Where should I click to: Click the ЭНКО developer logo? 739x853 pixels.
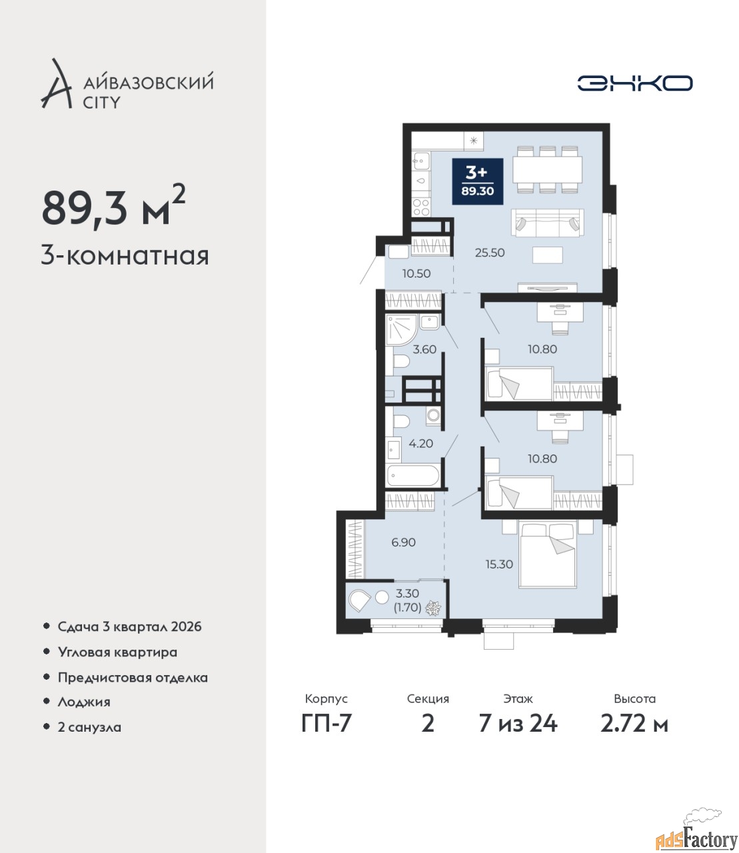pyautogui.click(x=634, y=83)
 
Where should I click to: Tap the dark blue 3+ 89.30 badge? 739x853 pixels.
pyautogui.click(x=477, y=181)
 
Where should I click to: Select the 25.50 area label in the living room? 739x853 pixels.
pyautogui.click(x=490, y=253)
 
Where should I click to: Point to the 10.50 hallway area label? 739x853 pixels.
pyautogui.click(x=416, y=273)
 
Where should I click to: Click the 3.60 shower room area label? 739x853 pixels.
pyautogui.click(x=424, y=349)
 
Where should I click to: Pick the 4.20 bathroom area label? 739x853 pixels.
pyautogui.click(x=421, y=444)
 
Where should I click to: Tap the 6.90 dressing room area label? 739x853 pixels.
pyautogui.click(x=404, y=542)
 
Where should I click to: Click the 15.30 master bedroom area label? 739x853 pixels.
pyautogui.click(x=499, y=564)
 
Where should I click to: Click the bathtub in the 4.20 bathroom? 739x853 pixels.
pyautogui.click(x=413, y=476)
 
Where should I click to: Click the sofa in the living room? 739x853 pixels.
pyautogui.click(x=548, y=223)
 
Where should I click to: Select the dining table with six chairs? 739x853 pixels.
pyautogui.click(x=548, y=170)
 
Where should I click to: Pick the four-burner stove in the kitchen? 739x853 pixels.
pyautogui.click(x=421, y=207)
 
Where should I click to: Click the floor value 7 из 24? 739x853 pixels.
pyautogui.click(x=518, y=724)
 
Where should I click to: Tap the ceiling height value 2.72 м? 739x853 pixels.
pyautogui.click(x=634, y=724)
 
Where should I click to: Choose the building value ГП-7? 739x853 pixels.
pyautogui.click(x=327, y=724)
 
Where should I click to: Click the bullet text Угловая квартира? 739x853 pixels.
pyautogui.click(x=117, y=652)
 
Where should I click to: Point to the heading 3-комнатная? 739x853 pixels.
pyautogui.click(x=125, y=257)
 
